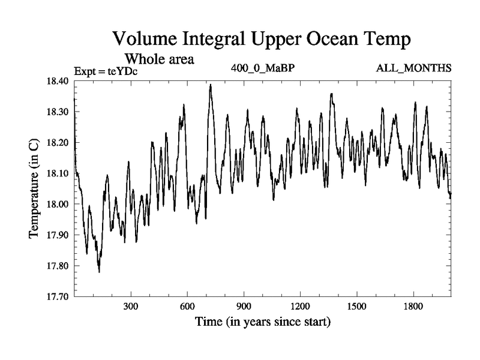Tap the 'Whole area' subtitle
coord(158,59)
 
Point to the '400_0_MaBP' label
coord(262,67)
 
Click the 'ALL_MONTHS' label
coord(413,67)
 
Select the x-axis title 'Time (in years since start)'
coord(262,322)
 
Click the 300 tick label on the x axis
coord(131,305)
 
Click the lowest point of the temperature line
coord(99,272)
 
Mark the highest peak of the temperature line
coord(211,85)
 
